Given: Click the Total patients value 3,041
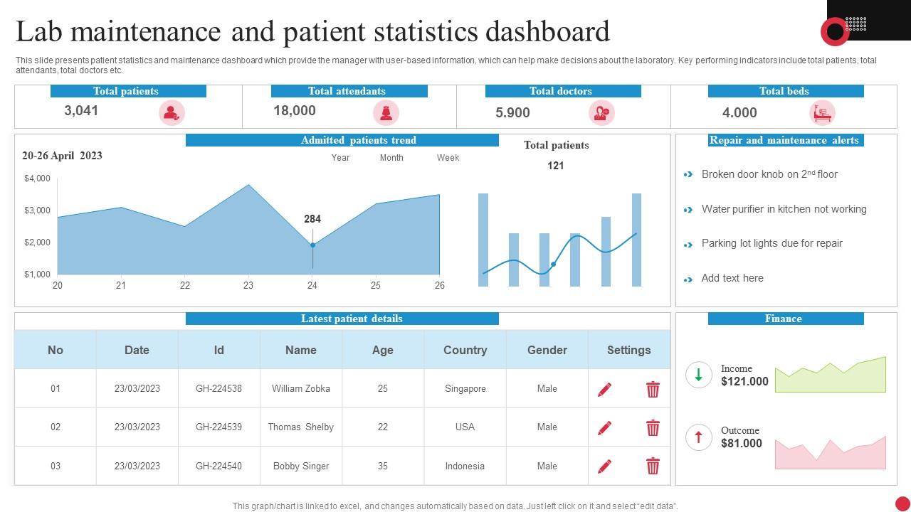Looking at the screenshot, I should [x=81, y=110].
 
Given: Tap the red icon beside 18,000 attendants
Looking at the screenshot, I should [x=386, y=112].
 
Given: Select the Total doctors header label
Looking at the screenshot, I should [x=562, y=91].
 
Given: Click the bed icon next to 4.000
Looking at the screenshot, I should [x=822, y=112].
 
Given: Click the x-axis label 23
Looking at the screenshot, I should [x=248, y=285].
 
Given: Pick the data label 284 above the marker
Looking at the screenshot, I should [x=312, y=219].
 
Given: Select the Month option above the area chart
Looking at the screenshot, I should [x=391, y=158].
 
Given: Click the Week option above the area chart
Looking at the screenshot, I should [x=448, y=158].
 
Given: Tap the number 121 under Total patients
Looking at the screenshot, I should [x=556, y=166].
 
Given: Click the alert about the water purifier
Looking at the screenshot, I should [x=784, y=209].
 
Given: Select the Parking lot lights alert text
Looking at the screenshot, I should [x=772, y=243].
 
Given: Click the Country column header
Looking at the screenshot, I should [x=465, y=350].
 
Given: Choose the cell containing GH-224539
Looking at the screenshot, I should [x=218, y=427].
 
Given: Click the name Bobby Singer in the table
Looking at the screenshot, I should [x=301, y=466].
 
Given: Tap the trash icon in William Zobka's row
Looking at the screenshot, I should [x=653, y=389].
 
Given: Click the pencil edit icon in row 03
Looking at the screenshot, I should [x=604, y=466].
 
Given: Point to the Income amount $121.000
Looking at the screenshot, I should [x=744, y=382].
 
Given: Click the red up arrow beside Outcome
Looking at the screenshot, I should [x=698, y=437].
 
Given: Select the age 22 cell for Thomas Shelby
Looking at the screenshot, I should [x=383, y=427].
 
